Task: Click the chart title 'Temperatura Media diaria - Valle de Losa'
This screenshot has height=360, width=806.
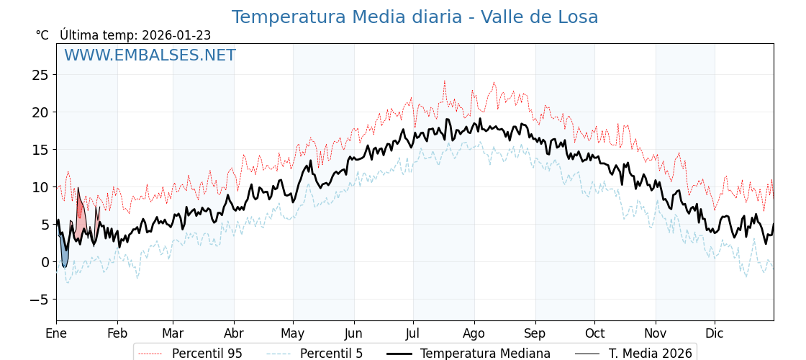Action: pos(415,17)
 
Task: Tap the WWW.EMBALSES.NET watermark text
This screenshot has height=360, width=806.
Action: pos(150,55)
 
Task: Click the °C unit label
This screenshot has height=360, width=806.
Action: pos(42,35)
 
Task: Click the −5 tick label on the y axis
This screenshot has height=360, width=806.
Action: pos(40,300)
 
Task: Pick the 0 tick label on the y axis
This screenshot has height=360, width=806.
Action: pos(45,262)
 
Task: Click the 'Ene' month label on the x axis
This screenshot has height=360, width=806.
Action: pos(56,333)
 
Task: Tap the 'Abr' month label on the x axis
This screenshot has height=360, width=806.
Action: pos(234,333)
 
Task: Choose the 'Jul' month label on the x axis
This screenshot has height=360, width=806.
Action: pos(413,333)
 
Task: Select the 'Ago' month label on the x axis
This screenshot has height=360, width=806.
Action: pos(474,333)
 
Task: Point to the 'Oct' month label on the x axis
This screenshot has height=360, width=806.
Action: pos(594,333)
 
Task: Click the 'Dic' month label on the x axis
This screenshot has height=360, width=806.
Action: pos(715,333)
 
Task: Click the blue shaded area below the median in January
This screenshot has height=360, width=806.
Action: pos(64,256)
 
